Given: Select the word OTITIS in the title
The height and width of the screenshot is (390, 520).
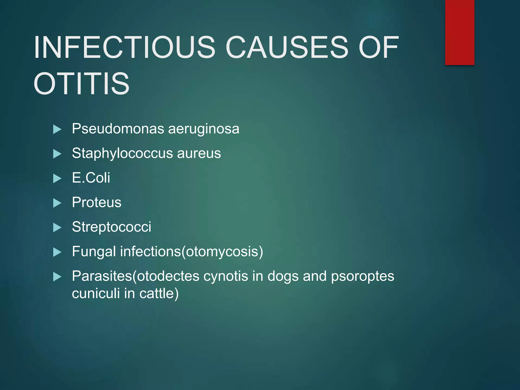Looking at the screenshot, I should point(82,84).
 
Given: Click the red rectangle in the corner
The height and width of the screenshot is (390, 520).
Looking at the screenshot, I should point(460,32).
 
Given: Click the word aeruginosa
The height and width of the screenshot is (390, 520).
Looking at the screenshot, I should point(204,128).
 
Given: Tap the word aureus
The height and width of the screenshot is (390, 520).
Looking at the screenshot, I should point(199,153).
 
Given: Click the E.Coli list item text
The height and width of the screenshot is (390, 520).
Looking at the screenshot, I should point(91,177).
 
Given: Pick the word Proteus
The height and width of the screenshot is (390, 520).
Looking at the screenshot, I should point(96,202).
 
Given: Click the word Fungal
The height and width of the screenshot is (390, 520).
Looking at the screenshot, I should point(94,251).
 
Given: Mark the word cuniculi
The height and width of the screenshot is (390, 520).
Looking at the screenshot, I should point(96,293).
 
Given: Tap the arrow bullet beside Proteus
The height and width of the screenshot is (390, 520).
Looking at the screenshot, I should point(57,203).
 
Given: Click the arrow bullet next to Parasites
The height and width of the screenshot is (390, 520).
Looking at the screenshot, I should point(57,277).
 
